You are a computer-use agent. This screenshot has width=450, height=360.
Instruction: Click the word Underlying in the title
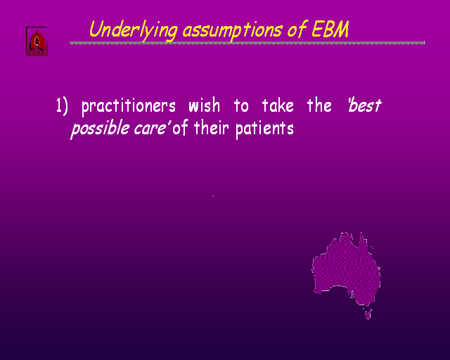point(134,30)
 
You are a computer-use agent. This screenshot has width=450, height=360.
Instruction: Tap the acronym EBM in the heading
point(330,29)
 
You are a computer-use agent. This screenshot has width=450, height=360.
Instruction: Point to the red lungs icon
point(37,41)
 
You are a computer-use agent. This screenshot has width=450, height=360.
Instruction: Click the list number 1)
point(62,106)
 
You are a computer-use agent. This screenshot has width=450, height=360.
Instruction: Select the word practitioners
point(128,107)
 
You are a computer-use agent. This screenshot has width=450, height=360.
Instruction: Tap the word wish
point(204,105)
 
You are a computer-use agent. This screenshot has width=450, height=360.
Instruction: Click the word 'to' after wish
point(241,106)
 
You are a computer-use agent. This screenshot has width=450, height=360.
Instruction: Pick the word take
point(278,105)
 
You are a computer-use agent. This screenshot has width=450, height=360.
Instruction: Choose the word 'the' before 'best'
point(319,105)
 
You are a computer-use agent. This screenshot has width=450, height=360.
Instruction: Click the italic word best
point(364,105)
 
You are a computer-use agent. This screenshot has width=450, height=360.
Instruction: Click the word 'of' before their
point(180,128)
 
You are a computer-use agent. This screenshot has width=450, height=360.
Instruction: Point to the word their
point(211,128)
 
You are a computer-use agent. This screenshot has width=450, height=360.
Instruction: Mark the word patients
point(264,129)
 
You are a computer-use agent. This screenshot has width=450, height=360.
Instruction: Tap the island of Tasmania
point(368,314)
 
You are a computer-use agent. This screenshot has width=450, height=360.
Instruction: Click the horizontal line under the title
point(247,43)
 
